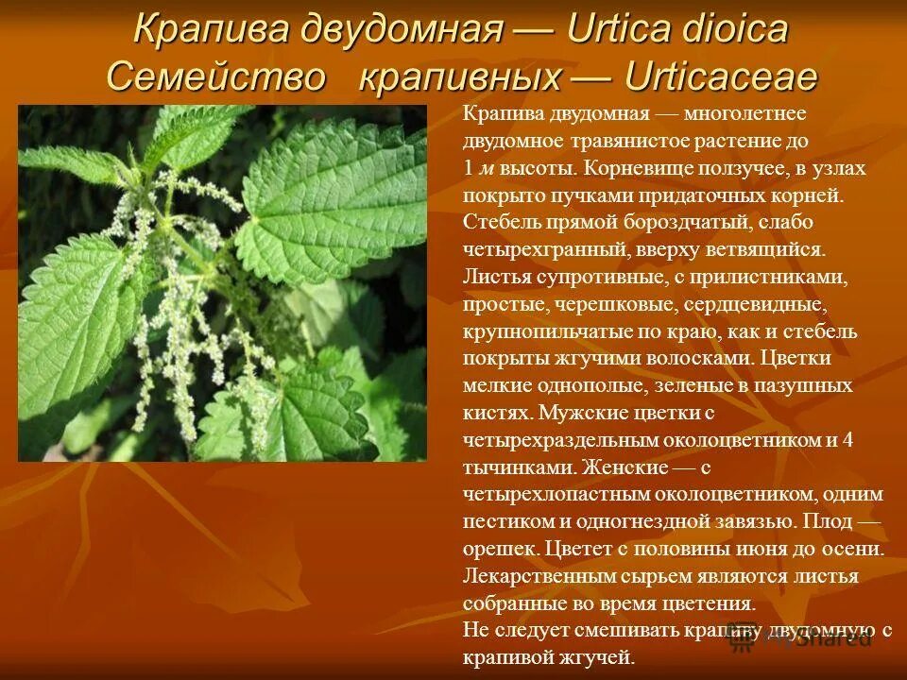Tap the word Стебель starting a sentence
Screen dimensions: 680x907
[x=498, y=224]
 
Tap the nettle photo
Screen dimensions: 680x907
[x=223, y=283]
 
